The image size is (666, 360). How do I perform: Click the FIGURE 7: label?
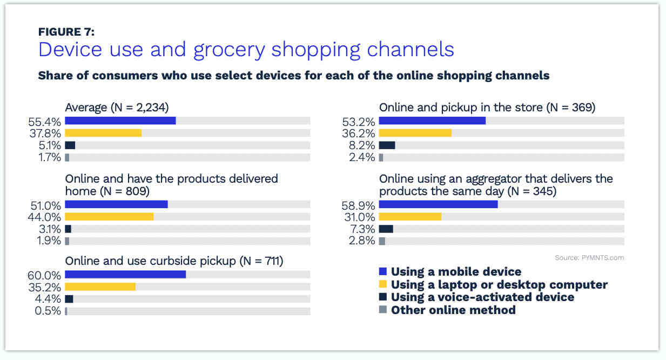tap(66, 32)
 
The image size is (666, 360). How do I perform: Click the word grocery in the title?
tap(229, 50)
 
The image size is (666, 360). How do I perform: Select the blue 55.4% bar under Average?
tap(120, 121)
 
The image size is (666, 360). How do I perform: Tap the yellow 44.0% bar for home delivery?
tap(109, 217)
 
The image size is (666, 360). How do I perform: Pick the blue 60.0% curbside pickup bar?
tap(125, 274)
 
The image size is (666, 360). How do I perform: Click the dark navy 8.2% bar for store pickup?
tap(387, 145)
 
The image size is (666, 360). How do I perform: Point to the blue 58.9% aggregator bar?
tap(438, 204)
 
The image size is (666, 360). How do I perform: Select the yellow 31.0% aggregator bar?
tap(411, 217)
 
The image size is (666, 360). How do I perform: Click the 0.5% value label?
tap(48, 311)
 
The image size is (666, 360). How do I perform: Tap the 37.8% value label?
tap(45, 134)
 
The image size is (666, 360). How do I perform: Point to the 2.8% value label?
tap(362, 241)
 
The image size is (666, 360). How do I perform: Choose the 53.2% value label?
tap(359, 122)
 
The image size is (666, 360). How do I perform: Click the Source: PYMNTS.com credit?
tap(589, 258)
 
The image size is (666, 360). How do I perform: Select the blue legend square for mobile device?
tap(383, 271)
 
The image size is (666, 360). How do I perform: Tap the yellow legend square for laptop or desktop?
tap(383, 284)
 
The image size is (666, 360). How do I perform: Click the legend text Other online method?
tap(453, 310)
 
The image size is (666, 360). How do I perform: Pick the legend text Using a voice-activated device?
tap(482, 297)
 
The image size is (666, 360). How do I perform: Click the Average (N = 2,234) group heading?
tap(117, 108)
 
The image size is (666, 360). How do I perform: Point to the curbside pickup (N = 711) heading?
tap(174, 261)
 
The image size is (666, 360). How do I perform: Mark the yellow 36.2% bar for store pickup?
tap(415, 133)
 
